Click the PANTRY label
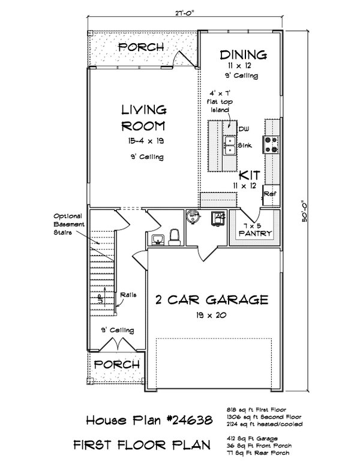256,233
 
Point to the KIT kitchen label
248,175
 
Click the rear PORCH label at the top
140,47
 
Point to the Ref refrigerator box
269,195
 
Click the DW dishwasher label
242,130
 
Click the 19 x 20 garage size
210,315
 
